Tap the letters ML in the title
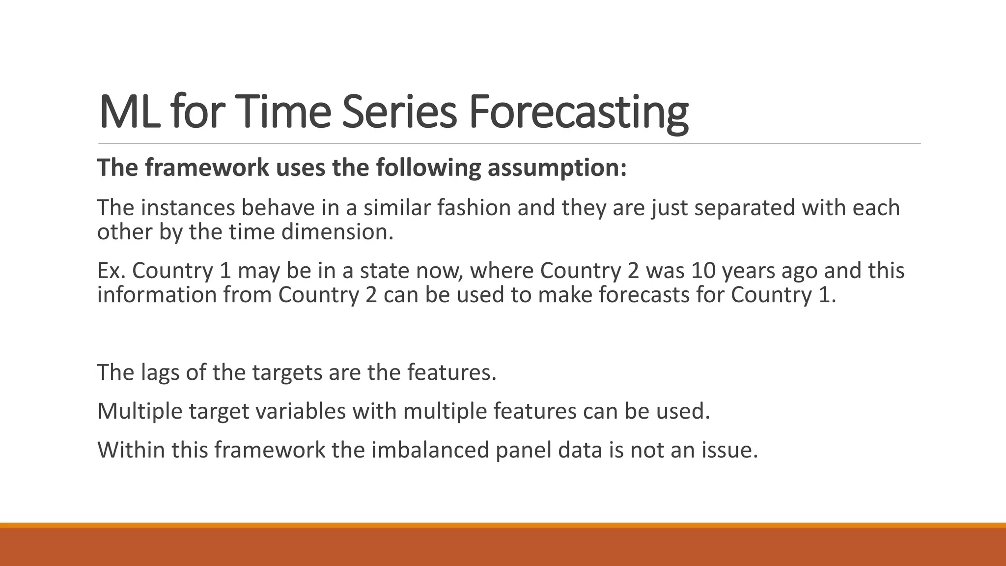(129, 112)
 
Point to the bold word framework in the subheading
(207, 168)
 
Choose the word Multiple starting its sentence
(140, 411)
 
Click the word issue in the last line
(729, 450)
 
